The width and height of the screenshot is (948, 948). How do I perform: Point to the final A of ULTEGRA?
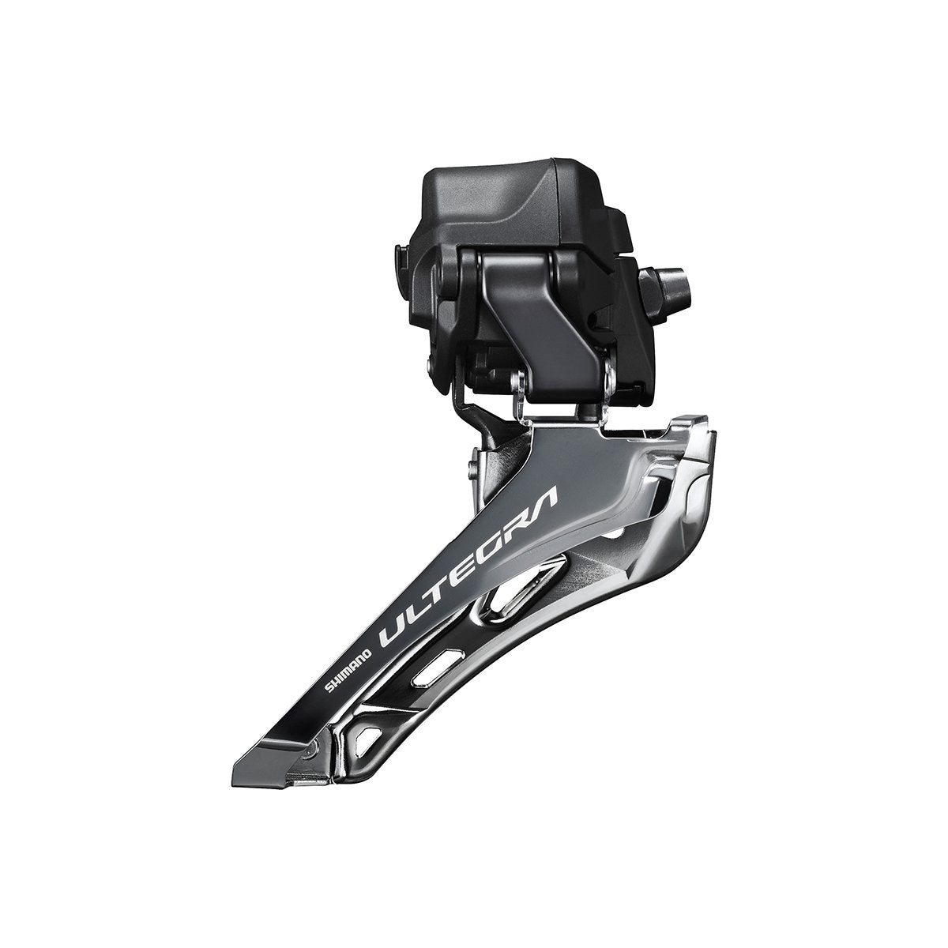(x=545, y=496)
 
